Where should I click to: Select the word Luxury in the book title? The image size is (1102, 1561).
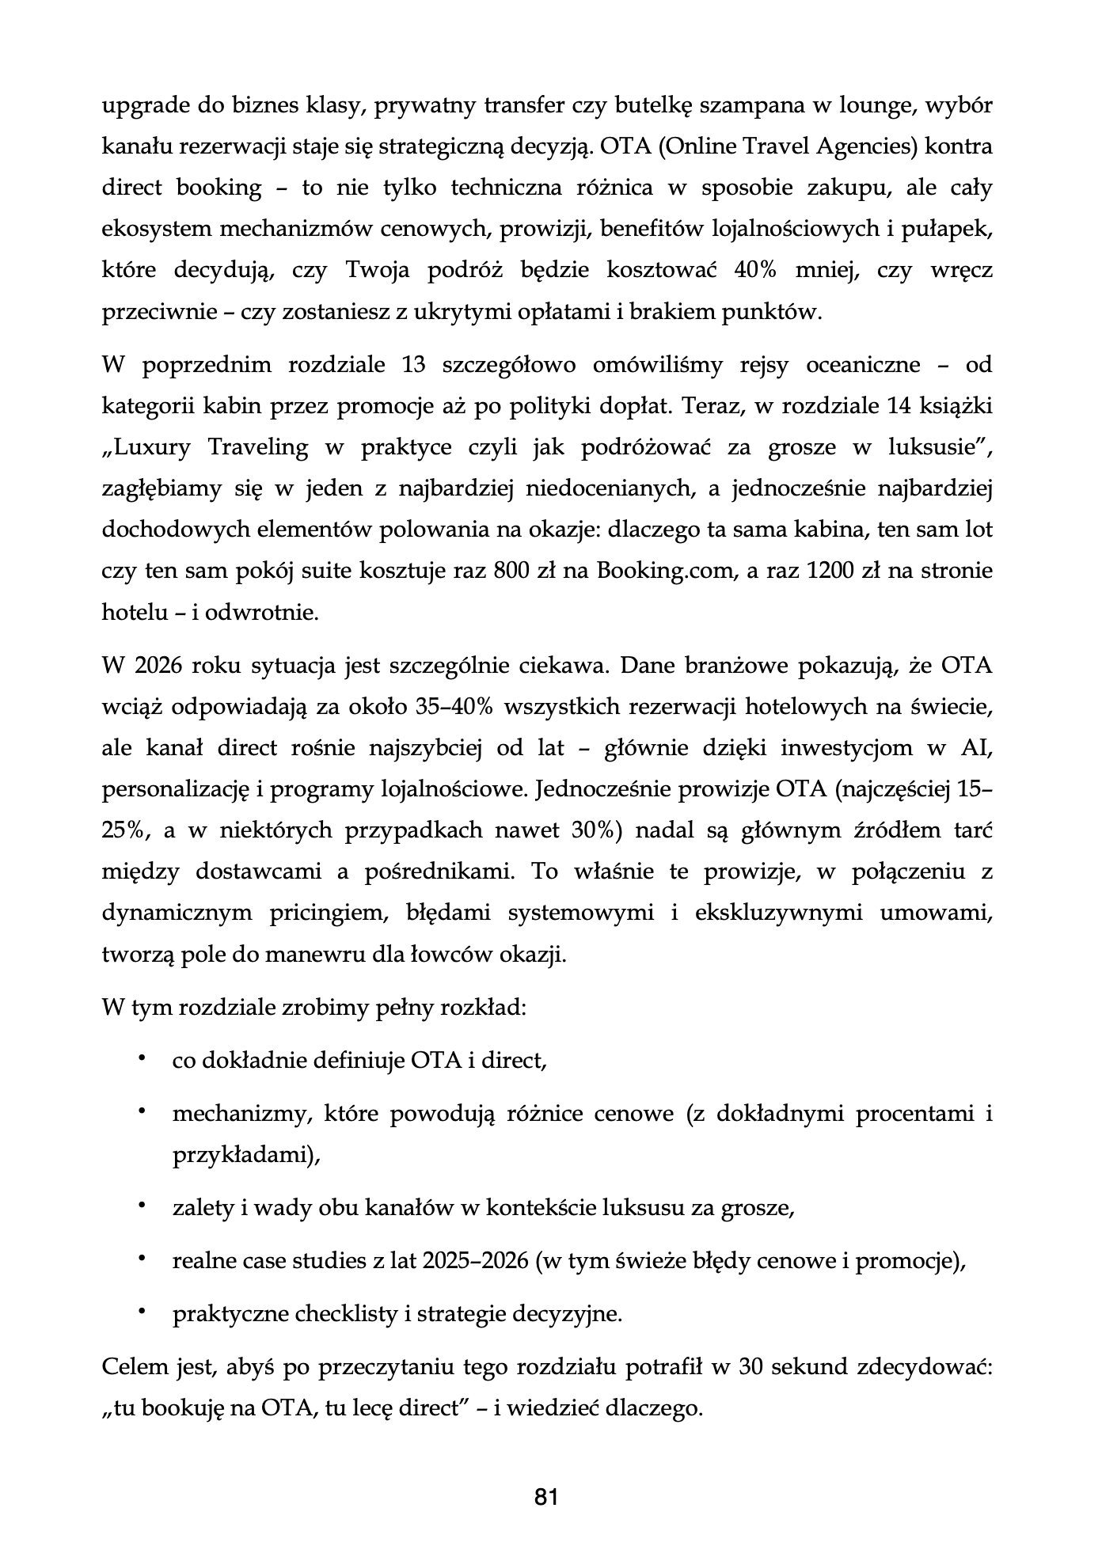(154, 447)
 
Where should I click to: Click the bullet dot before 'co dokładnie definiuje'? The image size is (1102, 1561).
(142, 1058)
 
